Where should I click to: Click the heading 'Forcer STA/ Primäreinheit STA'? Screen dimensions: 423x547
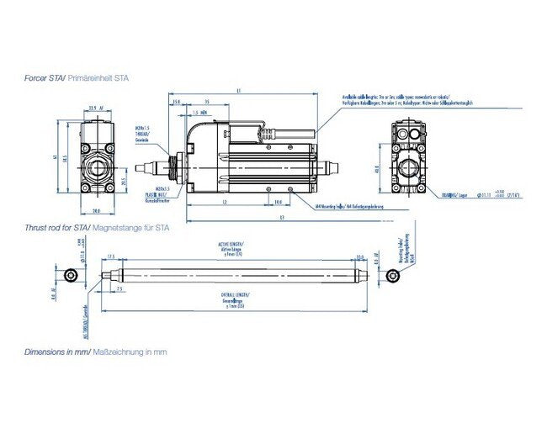76,77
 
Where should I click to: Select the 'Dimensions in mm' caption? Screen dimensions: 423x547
95,352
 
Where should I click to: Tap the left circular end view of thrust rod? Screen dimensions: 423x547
72,277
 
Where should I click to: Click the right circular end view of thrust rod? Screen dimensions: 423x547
392,277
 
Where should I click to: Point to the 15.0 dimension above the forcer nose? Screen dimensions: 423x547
176,102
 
